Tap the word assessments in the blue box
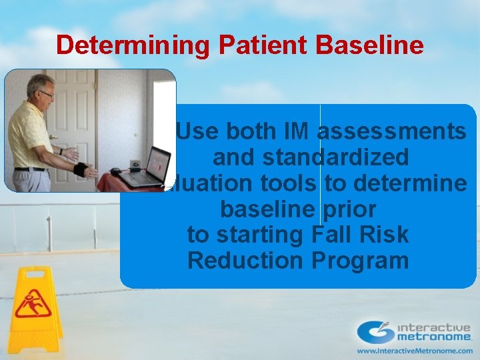tap(391, 132)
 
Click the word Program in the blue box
tap(360, 261)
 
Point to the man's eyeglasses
tap(45, 95)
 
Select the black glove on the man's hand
tap(81, 168)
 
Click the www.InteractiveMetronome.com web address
tap(413, 350)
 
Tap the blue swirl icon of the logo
tap(376, 331)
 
